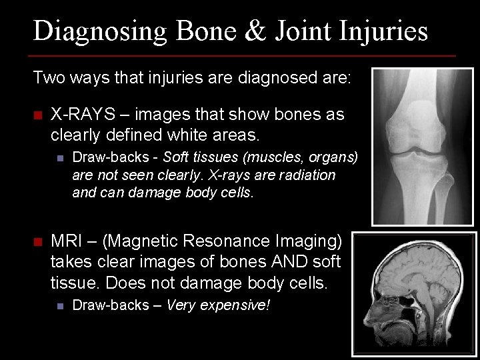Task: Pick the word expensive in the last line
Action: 233,305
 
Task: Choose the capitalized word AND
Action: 251,261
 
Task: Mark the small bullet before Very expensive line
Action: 59,306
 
